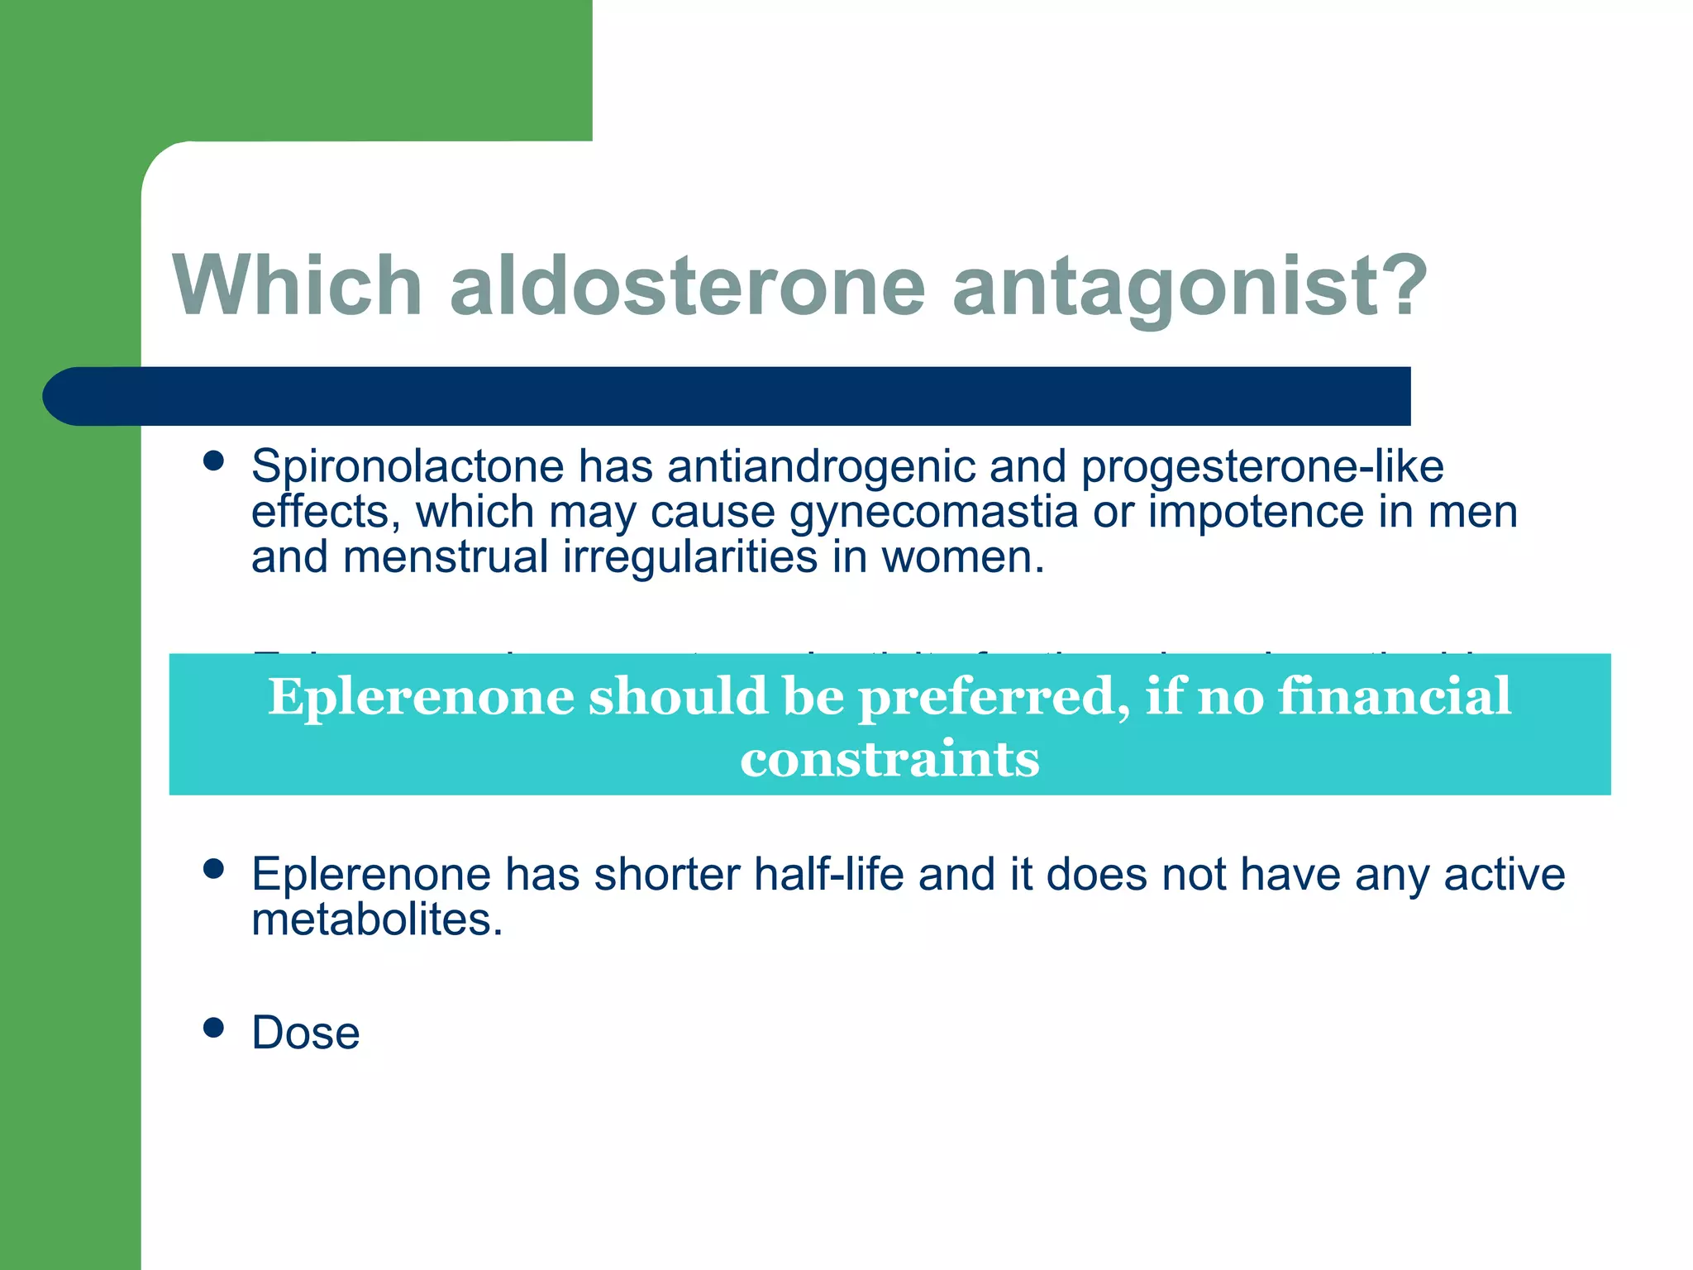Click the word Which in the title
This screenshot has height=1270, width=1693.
[298, 285]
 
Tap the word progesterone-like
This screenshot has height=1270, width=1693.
[1261, 466]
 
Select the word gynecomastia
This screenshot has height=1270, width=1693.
[933, 512]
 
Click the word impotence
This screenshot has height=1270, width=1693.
[1256, 512]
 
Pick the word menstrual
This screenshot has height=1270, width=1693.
[446, 557]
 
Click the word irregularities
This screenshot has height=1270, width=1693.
[690, 557]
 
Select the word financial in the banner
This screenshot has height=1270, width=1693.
[1395, 696]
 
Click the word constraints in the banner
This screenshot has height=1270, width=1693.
[889, 759]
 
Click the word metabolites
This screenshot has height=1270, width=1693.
[377, 919]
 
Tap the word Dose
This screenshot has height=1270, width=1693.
[306, 1033]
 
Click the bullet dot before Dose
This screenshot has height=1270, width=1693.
[214, 1028]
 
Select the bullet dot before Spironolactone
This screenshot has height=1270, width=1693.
[214, 461]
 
